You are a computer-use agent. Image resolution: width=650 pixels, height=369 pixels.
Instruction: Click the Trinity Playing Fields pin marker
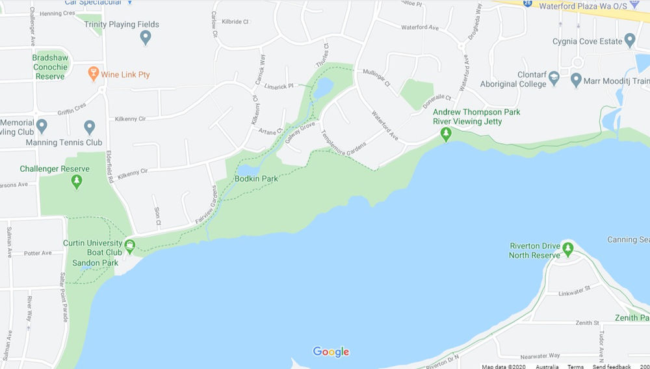pyautogui.click(x=146, y=37)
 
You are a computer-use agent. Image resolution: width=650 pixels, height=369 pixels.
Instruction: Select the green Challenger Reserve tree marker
pyautogui.click(x=77, y=181)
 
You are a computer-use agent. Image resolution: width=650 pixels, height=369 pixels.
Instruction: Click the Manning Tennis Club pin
pyautogui.click(x=90, y=126)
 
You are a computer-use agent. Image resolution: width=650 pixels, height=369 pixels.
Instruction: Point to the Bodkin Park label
pyautogui.click(x=256, y=178)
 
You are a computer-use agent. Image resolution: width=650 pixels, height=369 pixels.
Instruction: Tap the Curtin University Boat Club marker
pyautogui.click(x=130, y=246)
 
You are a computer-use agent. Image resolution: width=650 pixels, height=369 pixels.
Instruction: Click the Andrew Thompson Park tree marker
pyautogui.click(x=446, y=134)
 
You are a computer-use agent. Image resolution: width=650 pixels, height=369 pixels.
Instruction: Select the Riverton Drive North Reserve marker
pyautogui.click(x=568, y=248)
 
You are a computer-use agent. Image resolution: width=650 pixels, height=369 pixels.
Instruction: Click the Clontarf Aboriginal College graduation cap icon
pyautogui.click(x=553, y=79)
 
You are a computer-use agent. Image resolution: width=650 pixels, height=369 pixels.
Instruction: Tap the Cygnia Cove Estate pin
pyautogui.click(x=629, y=41)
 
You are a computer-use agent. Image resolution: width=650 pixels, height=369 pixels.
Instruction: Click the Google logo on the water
pyautogui.click(x=331, y=352)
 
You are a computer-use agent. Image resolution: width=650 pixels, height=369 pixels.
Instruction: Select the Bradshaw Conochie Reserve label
pyautogui.click(x=49, y=67)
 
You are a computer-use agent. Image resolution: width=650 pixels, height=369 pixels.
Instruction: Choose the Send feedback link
pyautogui.click(x=610, y=366)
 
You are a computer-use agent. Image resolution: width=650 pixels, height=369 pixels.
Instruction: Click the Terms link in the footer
pyautogui.click(x=575, y=366)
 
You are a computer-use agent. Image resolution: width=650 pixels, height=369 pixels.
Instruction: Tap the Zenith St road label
pyautogui.click(x=586, y=323)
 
